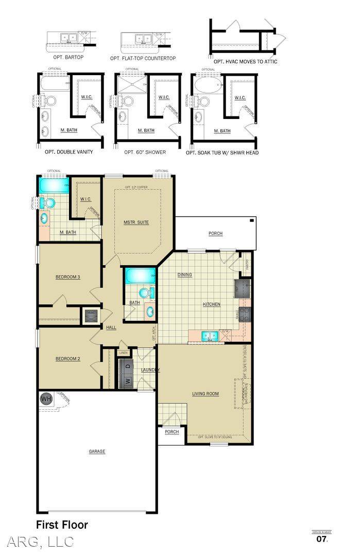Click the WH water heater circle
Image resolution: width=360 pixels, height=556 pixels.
point(46,398)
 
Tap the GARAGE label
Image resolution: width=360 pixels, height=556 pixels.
point(97,451)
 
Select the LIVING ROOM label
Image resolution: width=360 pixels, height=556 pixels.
point(205,394)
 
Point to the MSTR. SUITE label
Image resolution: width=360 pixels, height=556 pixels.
point(136,222)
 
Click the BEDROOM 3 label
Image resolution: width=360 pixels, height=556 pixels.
point(67,277)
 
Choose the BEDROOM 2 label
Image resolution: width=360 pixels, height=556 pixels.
point(67,359)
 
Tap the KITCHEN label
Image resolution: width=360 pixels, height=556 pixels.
point(211,304)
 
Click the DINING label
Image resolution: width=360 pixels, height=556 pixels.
point(184,274)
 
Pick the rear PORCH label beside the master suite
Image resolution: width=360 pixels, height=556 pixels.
point(215,234)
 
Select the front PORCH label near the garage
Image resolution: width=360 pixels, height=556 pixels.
point(172,431)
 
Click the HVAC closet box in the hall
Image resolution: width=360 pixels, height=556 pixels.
point(92,316)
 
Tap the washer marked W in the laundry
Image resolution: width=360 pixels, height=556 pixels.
point(127,381)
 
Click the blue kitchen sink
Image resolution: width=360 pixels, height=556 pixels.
point(210,336)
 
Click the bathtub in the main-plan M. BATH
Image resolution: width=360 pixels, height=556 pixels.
point(54,185)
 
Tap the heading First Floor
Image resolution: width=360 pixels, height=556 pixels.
point(62,525)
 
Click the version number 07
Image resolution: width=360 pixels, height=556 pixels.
point(321,540)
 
